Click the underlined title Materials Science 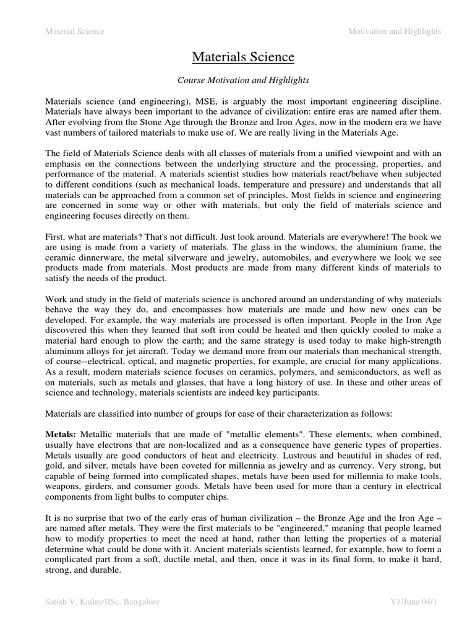(x=243, y=58)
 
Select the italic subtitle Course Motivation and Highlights (x=243, y=80)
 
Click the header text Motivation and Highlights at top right (x=395, y=32)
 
